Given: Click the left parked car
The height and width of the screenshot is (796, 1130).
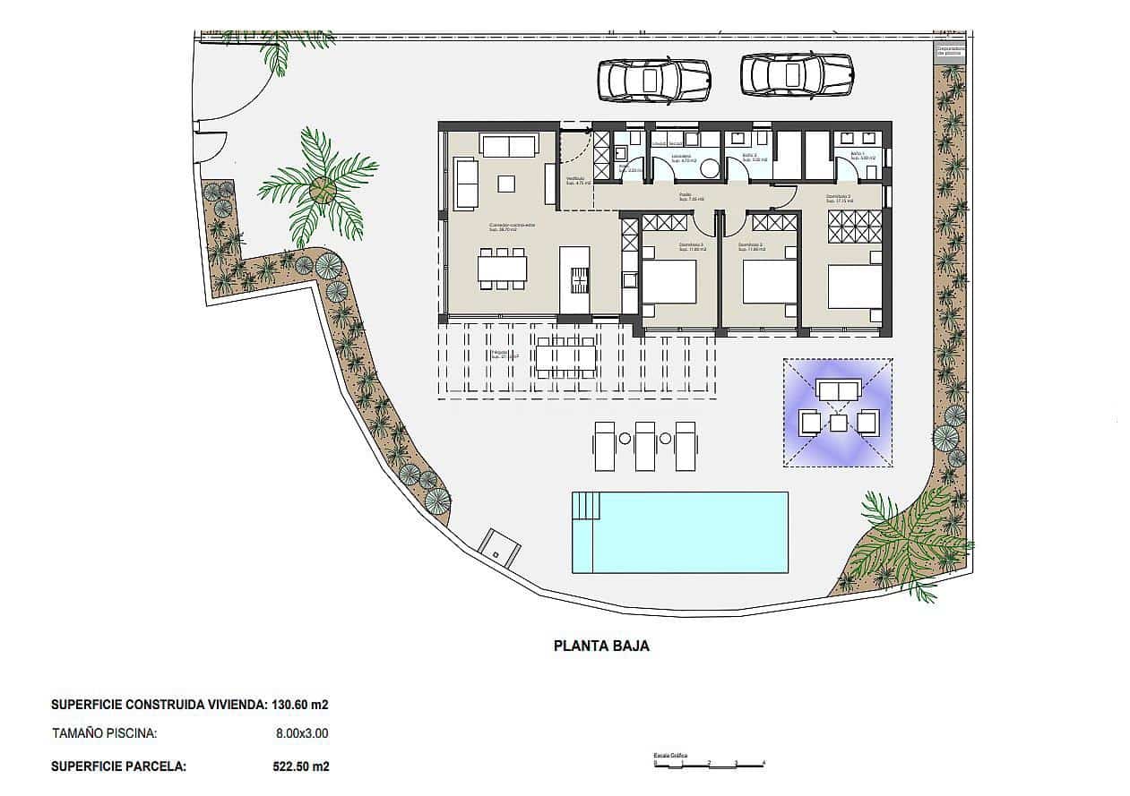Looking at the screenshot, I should (652, 80).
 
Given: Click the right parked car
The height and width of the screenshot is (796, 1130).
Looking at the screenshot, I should (797, 74).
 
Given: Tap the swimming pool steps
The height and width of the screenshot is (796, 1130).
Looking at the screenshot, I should (584, 507).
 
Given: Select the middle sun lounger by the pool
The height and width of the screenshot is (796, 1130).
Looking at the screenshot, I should (645, 445).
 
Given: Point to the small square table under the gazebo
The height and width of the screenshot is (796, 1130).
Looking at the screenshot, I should (838, 423).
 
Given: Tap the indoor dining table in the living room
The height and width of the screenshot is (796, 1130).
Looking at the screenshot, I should (502, 269).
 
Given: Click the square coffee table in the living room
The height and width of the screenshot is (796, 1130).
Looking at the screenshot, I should (506, 184).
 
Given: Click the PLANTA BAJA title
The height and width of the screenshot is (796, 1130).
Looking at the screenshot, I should (601, 646).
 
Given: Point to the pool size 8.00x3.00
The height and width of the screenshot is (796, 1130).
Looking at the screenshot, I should (302, 733).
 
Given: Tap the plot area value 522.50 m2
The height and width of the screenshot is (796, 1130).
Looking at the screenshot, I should (300, 766).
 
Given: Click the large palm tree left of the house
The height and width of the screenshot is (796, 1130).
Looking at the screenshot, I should (320, 188).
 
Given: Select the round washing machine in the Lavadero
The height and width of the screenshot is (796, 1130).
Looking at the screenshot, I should (709, 169).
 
